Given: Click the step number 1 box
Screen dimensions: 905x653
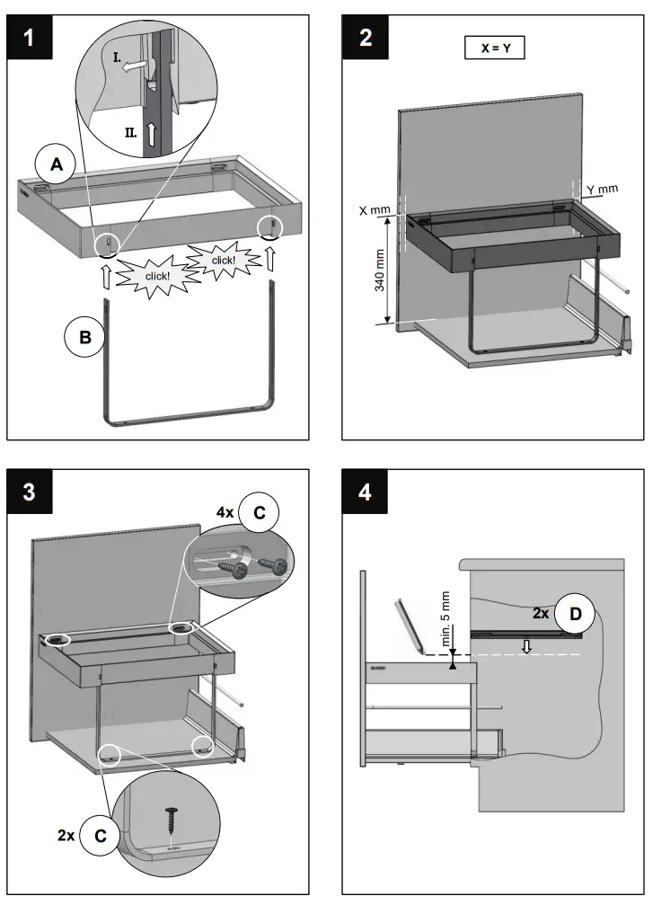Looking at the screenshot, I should coord(30,38).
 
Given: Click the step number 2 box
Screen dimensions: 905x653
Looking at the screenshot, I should coord(366,38).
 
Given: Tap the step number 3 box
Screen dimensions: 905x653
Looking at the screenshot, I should coord(30,492).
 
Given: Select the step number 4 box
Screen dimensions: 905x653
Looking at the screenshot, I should coord(366,492).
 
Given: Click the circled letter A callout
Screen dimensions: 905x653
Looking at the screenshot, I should coord(57,164).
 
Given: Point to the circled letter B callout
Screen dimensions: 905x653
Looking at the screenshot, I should coord(85,338).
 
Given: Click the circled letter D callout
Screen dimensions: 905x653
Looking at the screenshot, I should coord(575,614).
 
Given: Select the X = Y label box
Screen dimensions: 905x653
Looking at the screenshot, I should coord(494,48).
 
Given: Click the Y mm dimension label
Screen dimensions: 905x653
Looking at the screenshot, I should coord(603,190).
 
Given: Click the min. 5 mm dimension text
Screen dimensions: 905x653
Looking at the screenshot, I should coord(446,617).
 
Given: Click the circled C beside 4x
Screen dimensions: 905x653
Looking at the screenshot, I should coord(260,512).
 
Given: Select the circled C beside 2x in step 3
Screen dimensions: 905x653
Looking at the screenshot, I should coord(101,835).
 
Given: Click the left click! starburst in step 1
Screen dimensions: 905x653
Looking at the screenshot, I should coord(158,273).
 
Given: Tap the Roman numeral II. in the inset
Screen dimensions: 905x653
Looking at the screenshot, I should coord(130,133).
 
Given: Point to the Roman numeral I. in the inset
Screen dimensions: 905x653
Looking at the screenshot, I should coord(117,58).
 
